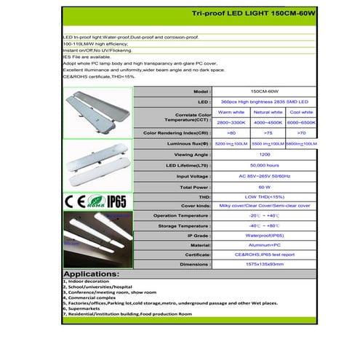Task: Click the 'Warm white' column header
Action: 231,113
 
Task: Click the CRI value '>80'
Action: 231,134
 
